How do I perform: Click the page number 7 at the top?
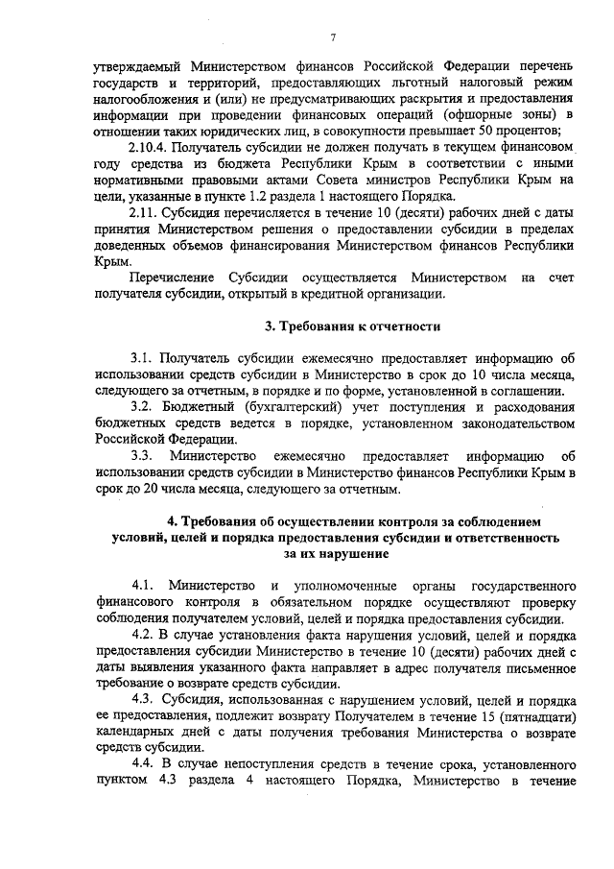tap(332, 37)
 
